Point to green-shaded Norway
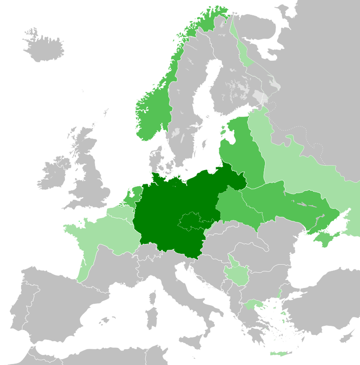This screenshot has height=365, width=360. coord(153,113)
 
